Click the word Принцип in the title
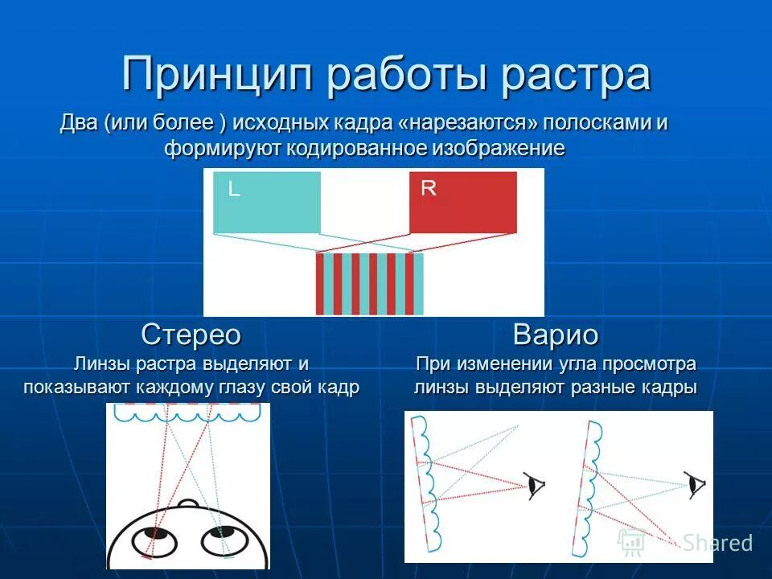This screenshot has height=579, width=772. pyautogui.click(x=216, y=75)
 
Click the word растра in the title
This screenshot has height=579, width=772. pyautogui.click(x=577, y=75)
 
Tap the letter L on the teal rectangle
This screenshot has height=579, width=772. pyautogui.click(x=233, y=190)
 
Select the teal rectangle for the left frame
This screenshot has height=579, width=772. pyautogui.click(x=266, y=203)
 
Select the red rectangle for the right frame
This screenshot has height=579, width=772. pyautogui.click(x=463, y=203)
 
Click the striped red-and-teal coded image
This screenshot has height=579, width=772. pyautogui.click(x=369, y=283)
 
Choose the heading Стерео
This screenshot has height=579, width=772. pyautogui.click(x=191, y=334)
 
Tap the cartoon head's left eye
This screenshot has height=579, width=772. pyautogui.click(x=156, y=532)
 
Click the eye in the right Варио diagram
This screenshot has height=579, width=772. pyautogui.click(x=697, y=484)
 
